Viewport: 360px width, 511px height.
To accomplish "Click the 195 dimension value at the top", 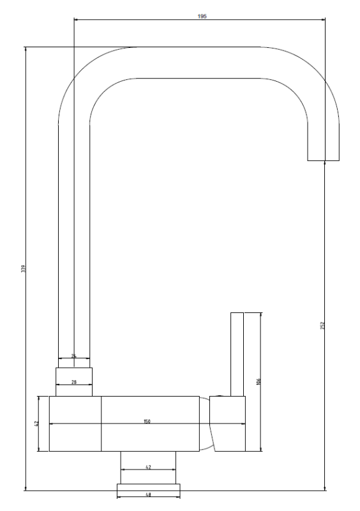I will (202, 16).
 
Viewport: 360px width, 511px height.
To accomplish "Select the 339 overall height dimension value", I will (23, 268).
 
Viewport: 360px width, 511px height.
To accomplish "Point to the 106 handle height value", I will (259, 382).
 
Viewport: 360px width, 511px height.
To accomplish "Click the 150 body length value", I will (147, 422).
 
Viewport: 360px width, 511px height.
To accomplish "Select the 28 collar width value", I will (74, 382).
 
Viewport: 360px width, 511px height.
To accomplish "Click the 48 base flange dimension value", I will (148, 494).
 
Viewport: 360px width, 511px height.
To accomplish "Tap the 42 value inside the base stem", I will (148, 468).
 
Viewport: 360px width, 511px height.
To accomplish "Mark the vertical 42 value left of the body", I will (37, 423).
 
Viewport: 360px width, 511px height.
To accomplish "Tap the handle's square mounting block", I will (229, 423).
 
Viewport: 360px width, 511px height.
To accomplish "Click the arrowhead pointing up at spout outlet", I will (324, 163).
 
